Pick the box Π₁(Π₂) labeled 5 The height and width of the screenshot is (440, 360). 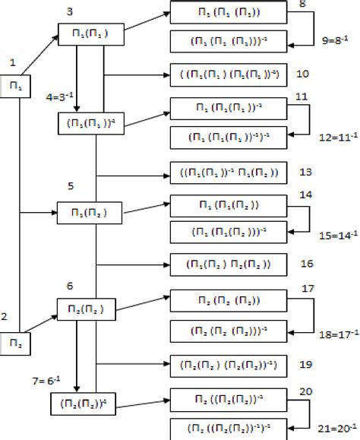(x=84, y=212)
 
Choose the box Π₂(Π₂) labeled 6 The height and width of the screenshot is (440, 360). (x=84, y=309)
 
